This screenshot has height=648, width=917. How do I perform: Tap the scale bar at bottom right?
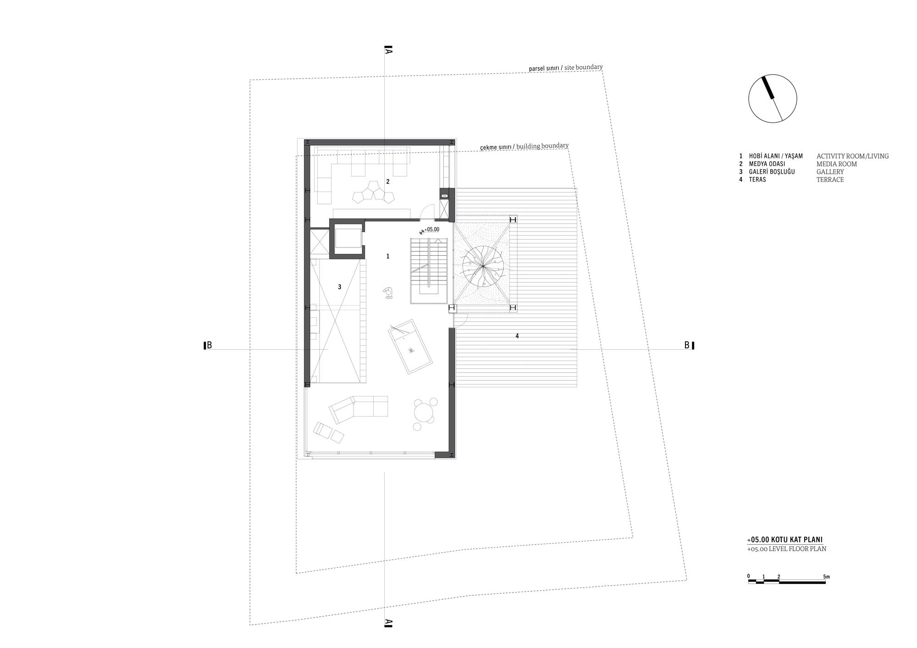(x=787, y=582)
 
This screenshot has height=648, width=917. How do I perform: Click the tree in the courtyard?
(x=483, y=265)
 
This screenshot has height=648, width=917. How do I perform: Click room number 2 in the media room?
(x=388, y=181)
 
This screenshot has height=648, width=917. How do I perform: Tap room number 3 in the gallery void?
(x=339, y=287)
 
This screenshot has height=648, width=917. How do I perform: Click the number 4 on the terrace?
(x=517, y=336)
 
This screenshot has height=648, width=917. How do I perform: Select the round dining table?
(x=424, y=412)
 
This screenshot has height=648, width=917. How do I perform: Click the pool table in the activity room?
(x=410, y=347)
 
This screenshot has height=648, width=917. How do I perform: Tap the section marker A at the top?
(x=388, y=49)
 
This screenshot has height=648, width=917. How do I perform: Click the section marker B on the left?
(x=208, y=346)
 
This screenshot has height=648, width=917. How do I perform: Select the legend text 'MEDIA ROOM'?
(x=837, y=164)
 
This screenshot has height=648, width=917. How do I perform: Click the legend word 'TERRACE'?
(x=830, y=180)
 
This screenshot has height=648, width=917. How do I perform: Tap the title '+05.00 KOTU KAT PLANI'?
(x=784, y=540)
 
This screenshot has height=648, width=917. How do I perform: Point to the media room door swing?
(x=427, y=211)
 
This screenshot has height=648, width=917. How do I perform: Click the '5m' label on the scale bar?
(x=826, y=577)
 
